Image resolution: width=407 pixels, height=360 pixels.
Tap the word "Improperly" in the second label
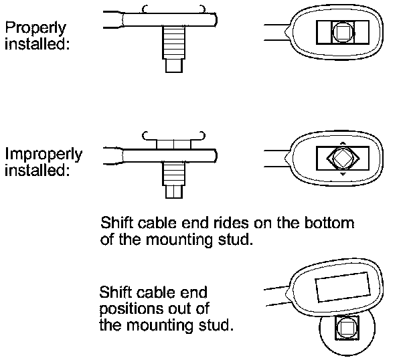(44, 155)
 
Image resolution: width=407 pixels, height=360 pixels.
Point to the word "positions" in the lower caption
(131, 309)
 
